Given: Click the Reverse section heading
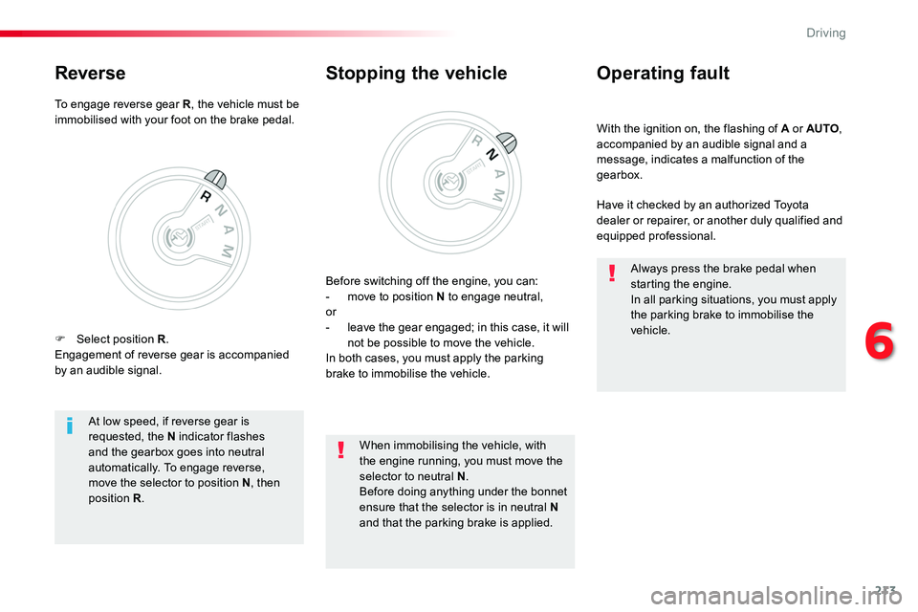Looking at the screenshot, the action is tap(90, 74).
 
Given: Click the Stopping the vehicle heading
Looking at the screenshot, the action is tap(416, 74).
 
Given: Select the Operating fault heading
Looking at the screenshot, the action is tap(663, 74).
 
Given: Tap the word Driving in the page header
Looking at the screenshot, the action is tap(825, 33).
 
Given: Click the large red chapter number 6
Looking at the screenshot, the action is tap(880, 340).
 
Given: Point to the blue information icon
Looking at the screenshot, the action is tap(70, 426).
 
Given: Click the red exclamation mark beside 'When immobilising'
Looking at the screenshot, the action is tap(340, 449).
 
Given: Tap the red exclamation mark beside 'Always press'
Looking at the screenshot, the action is tap(612, 273).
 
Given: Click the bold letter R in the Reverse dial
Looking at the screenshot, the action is tap(206, 197).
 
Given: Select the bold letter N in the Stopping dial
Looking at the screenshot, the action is tap(492, 154).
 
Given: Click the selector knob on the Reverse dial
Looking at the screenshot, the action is tap(215, 179).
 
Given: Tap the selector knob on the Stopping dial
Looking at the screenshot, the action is tap(507, 142).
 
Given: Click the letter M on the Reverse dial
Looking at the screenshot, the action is tap(228, 251).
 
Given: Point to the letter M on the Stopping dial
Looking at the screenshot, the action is tap(497, 195).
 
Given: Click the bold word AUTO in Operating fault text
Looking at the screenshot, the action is tap(822, 129).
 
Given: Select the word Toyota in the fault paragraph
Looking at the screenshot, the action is tap(791, 205).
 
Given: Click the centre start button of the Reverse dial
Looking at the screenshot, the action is tap(178, 237).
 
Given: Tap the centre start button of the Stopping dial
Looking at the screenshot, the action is tap(449, 182).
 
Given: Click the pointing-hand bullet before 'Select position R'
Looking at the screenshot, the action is tap(59, 339).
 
